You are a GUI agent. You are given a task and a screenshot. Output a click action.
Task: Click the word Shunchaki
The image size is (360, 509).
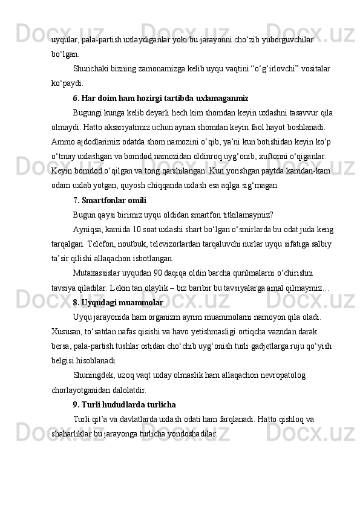pyautogui.click(x=91, y=69)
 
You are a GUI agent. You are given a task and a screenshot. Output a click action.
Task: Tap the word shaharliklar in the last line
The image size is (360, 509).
pyautogui.click(x=74, y=433)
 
